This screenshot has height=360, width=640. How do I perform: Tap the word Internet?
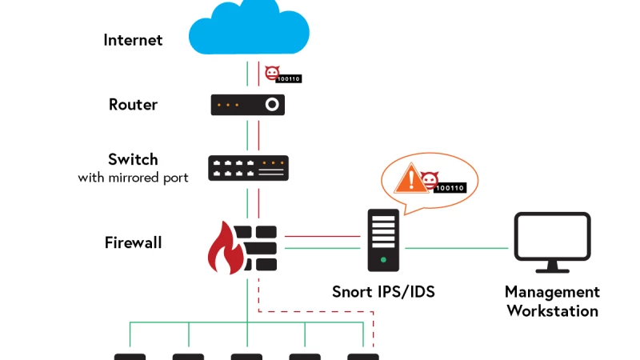tap(133, 39)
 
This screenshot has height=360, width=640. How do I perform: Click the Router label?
tap(133, 104)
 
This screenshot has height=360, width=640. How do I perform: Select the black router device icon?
tap(247, 105)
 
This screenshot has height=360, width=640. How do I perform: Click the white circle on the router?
tap(272, 105)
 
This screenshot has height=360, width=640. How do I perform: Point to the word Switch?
tap(133, 159)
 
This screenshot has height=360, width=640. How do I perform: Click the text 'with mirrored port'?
tap(133, 177)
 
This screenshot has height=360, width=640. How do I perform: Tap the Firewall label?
tap(133, 242)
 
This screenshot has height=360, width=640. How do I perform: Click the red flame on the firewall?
tap(225, 250)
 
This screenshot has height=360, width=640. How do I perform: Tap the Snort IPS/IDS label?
tap(383, 292)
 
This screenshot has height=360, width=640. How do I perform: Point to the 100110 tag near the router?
tap(288, 78)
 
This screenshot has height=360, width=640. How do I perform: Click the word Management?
tap(552, 292)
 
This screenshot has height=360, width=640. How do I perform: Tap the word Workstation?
tap(552, 310)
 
